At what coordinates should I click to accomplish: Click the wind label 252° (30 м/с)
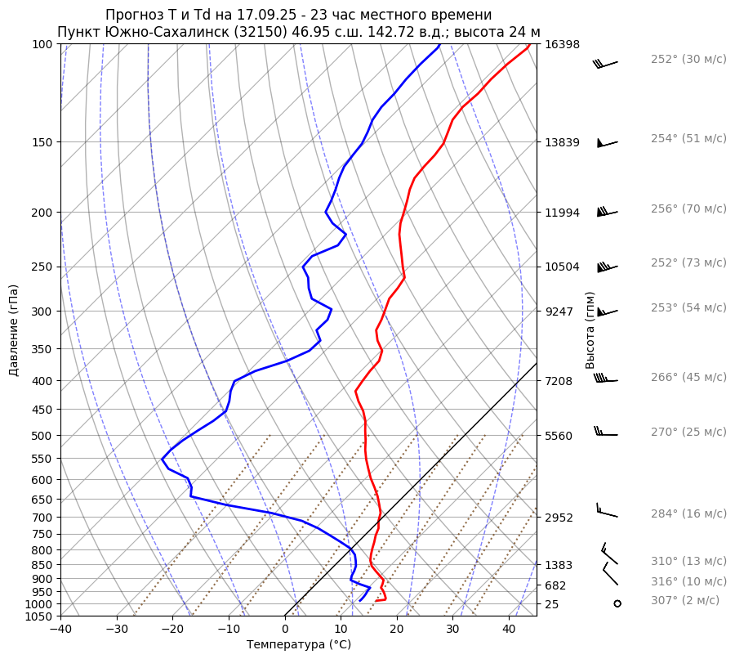[x=688, y=60]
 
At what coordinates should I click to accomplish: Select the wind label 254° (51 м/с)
[x=688, y=139]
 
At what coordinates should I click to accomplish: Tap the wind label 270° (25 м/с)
[x=688, y=433]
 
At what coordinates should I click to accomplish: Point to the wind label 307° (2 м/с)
[x=685, y=601]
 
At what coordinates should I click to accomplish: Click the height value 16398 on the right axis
[x=562, y=44]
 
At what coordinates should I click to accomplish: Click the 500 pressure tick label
[x=42, y=436]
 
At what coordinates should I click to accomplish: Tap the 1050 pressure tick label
[x=39, y=616]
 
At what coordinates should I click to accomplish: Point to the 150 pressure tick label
[x=42, y=142]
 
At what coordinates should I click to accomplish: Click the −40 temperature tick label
[x=60, y=630]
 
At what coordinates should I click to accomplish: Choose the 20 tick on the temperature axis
[x=397, y=630]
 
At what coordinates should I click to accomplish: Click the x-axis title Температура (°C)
[x=299, y=645]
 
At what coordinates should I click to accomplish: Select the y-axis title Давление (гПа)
[x=14, y=330]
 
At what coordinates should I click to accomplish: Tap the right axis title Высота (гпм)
[x=590, y=330]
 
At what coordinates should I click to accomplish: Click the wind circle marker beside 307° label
[x=617, y=603]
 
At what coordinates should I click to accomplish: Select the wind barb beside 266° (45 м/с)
[x=606, y=379]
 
